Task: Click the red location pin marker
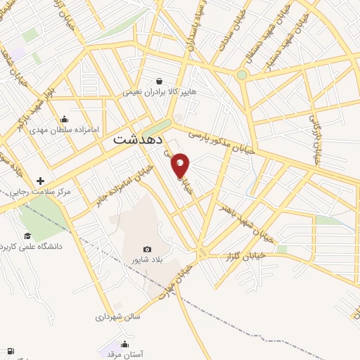[181, 165]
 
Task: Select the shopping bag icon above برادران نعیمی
[160, 80]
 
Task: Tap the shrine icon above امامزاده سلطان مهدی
[65, 119]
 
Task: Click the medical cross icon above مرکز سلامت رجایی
[40, 181]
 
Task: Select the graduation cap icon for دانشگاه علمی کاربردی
[27, 236]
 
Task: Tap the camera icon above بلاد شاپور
[147, 249]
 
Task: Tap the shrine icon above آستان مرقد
[124, 344]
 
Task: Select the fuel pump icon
[11, 351]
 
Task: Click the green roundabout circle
[242, 75]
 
